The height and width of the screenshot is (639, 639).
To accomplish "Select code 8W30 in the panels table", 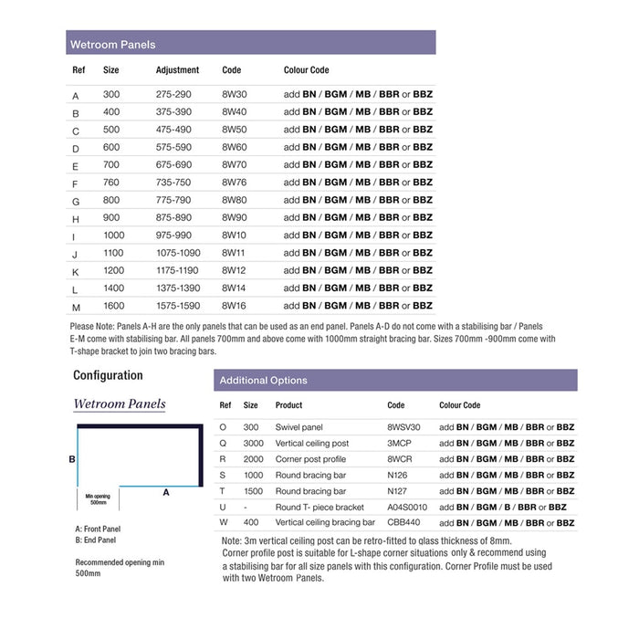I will click(235, 95).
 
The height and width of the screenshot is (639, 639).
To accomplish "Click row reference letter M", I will click(77, 307).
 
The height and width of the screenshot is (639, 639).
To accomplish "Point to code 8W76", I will click(235, 183).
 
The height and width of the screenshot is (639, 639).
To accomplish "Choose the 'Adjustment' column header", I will click(177, 70).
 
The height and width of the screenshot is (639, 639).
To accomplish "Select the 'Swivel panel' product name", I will click(299, 427).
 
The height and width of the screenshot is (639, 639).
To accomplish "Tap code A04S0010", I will click(407, 507).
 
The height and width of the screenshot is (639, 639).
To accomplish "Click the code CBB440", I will click(403, 523).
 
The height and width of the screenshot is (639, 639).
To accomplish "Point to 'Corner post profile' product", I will click(311, 459).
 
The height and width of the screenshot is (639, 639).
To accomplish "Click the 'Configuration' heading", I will click(108, 375).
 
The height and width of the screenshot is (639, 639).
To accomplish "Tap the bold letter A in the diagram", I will click(166, 491).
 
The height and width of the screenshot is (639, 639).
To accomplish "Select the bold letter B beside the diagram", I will click(72, 459).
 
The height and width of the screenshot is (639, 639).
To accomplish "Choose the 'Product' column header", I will click(288, 405).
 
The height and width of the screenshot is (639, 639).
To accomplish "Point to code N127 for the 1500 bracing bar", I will click(397, 491).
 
